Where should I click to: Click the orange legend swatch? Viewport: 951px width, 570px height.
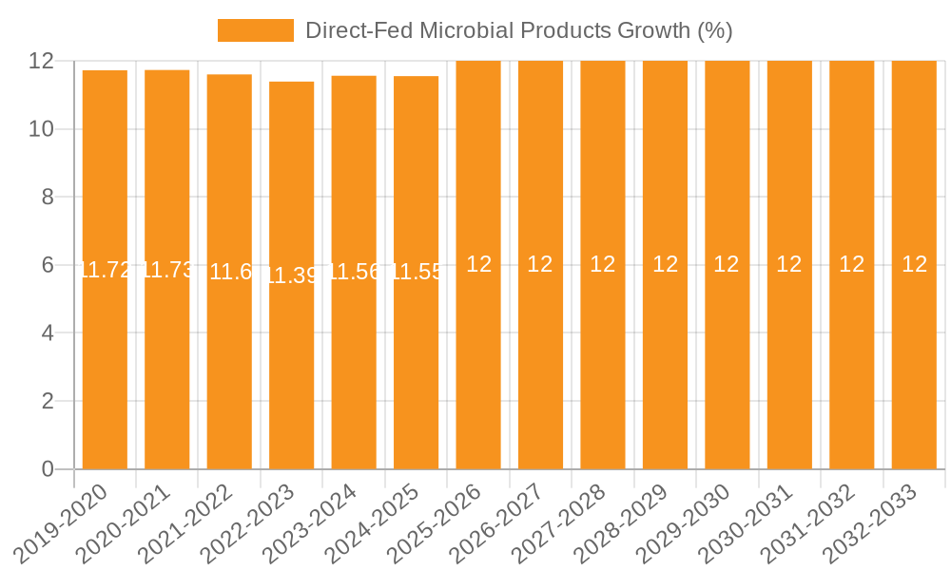pyautogui.click(x=255, y=30)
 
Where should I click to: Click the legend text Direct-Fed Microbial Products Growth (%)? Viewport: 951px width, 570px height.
pyautogui.click(x=518, y=30)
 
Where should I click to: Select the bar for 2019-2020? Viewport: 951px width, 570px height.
pyautogui.click(x=105, y=361)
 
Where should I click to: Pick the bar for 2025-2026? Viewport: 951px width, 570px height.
pyautogui.click(x=478, y=361)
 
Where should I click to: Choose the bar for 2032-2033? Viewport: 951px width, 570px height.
pyautogui.click(x=914, y=361)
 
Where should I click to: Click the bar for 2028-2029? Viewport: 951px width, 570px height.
pyautogui.click(x=665, y=361)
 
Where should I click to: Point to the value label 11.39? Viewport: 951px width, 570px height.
pyautogui.click(x=292, y=275)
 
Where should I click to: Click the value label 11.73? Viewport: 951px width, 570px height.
pyautogui.click(x=167, y=270)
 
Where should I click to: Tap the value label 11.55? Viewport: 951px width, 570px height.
pyautogui.click(x=417, y=273)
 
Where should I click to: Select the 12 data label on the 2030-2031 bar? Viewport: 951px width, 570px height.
pyautogui.click(x=789, y=265)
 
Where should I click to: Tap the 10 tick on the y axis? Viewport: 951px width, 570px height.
pyautogui.click(x=41, y=129)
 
